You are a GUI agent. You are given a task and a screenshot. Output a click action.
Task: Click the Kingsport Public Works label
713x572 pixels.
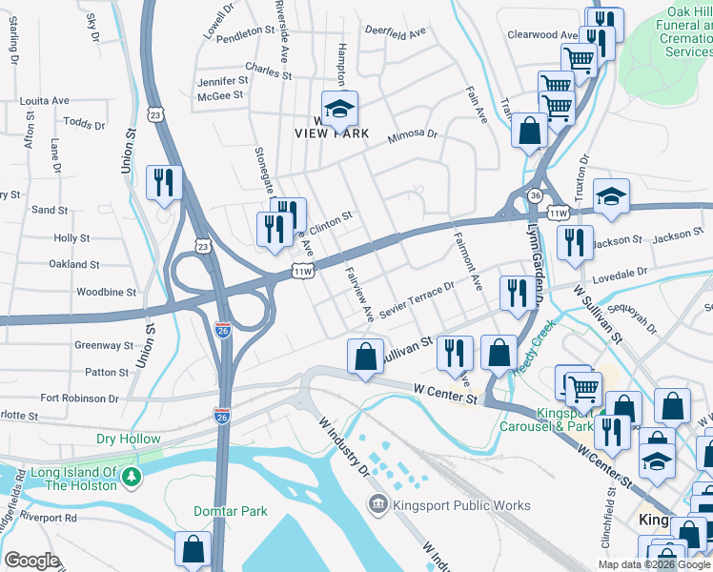[x=450, y=504]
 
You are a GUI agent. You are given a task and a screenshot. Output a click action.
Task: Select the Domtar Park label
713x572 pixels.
[x=230, y=511]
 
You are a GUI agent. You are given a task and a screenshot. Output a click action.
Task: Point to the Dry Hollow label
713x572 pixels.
[x=129, y=439]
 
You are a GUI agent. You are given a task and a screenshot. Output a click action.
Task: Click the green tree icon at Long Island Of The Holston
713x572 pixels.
[x=138, y=477]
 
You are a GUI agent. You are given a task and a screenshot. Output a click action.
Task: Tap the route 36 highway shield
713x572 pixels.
[x=537, y=195]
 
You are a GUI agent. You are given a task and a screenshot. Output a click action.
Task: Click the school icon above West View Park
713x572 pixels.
[x=337, y=110]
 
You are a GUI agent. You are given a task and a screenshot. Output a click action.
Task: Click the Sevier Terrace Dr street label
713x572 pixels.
[x=417, y=301]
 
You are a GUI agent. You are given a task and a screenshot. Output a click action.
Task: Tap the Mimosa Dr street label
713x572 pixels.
[x=411, y=137]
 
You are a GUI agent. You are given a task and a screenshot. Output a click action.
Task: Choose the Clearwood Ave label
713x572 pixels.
[x=544, y=35]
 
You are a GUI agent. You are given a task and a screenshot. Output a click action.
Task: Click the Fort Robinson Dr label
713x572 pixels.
[x=79, y=398]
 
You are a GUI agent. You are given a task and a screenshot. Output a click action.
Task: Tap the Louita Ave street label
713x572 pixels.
[x=45, y=100]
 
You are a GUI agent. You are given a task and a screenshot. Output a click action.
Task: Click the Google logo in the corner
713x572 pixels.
[x=31, y=560]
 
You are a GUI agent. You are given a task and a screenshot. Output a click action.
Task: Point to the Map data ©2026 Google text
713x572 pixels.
[x=653, y=564]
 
